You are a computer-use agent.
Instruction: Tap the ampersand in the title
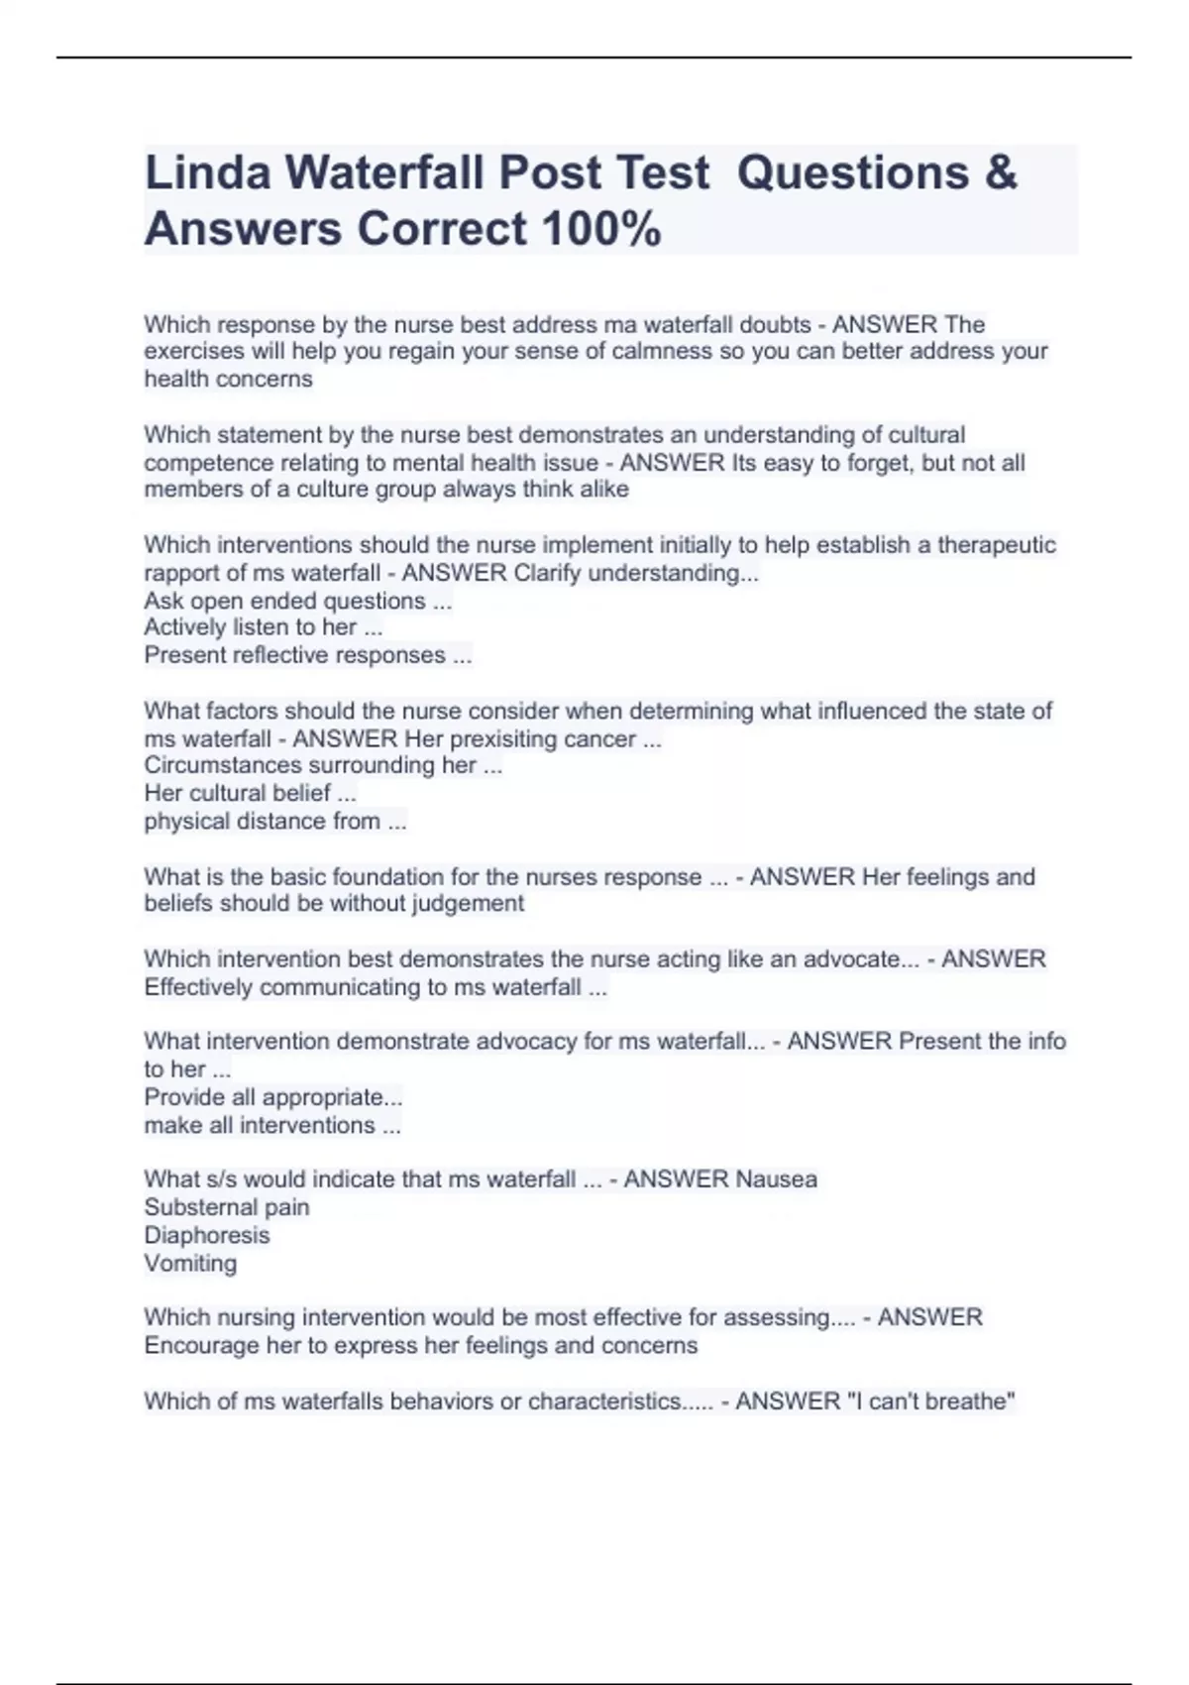click(x=1001, y=172)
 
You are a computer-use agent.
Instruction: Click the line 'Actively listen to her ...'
click(x=263, y=627)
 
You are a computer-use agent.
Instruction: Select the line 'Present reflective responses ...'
click(x=307, y=655)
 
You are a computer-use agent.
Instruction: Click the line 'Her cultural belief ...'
click(x=250, y=793)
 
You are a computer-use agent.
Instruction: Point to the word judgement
click(x=469, y=903)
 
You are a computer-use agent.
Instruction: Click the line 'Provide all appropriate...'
click(x=272, y=1097)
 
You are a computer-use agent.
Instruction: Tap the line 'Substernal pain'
click(x=226, y=1207)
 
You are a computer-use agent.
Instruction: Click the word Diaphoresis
click(x=206, y=1235)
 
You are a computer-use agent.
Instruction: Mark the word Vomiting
click(x=190, y=1263)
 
